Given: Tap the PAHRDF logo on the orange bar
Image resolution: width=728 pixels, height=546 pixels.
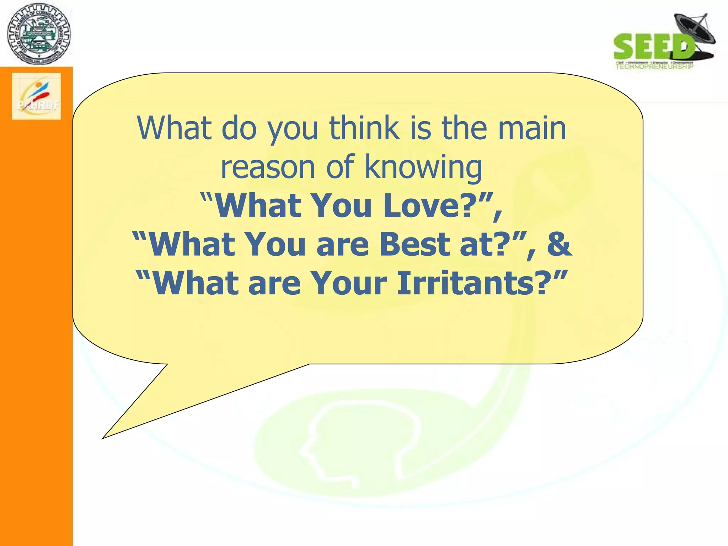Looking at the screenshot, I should point(36,96).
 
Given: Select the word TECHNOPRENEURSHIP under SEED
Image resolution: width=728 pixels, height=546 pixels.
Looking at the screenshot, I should point(654,66).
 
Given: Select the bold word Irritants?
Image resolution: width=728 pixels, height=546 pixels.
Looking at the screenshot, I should point(471,283).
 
